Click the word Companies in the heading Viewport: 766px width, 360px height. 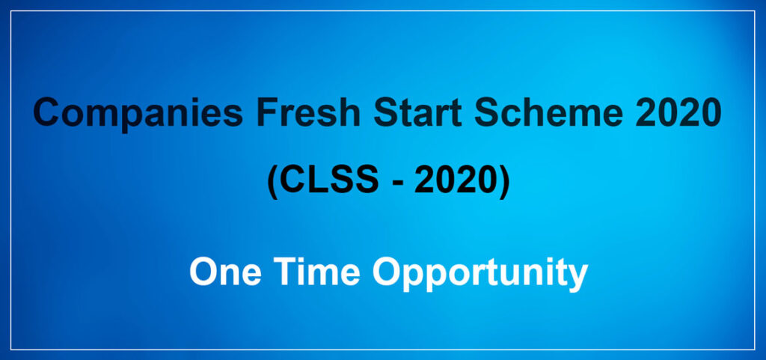pos(138,114)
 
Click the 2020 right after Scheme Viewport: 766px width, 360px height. pos(679,112)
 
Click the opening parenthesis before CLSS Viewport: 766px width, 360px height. pos(272,182)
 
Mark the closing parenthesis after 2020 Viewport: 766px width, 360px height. pos(504,182)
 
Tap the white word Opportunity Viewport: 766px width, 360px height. pos(480,273)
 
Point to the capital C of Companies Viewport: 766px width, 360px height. pos(46,112)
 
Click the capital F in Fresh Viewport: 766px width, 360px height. pos(268,112)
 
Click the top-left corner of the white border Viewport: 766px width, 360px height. pos(10,10)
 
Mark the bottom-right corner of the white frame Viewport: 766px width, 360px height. pos(756,350)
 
